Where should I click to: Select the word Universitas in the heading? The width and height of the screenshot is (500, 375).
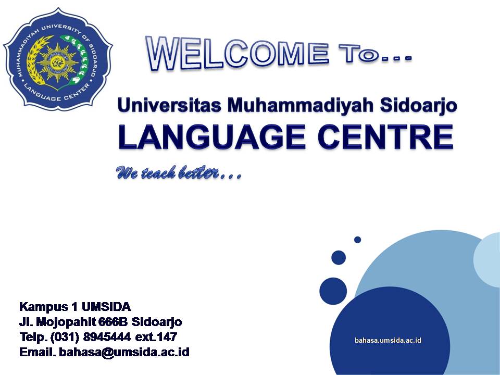click(166, 105)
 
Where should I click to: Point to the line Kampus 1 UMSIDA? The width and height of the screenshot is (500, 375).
click(74, 306)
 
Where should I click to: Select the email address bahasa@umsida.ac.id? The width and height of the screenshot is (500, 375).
click(124, 353)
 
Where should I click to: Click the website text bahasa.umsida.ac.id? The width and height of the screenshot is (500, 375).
click(387, 340)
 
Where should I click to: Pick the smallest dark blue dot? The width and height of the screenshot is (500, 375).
click(357, 240)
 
